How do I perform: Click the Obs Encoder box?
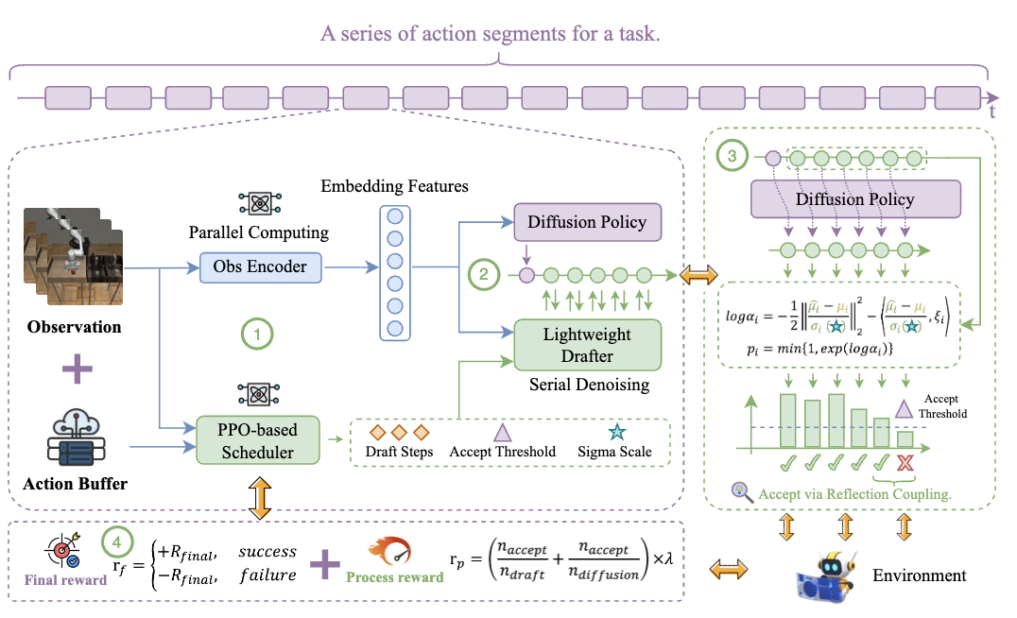coord(261,267)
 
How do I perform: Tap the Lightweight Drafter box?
coord(587,346)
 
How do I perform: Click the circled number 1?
coord(256,333)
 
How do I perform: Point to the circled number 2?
coord(483,276)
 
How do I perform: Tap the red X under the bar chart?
coord(905,462)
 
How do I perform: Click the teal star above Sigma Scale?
coord(616,432)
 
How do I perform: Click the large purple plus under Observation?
coord(78,369)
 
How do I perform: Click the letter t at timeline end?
coord(991,112)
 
